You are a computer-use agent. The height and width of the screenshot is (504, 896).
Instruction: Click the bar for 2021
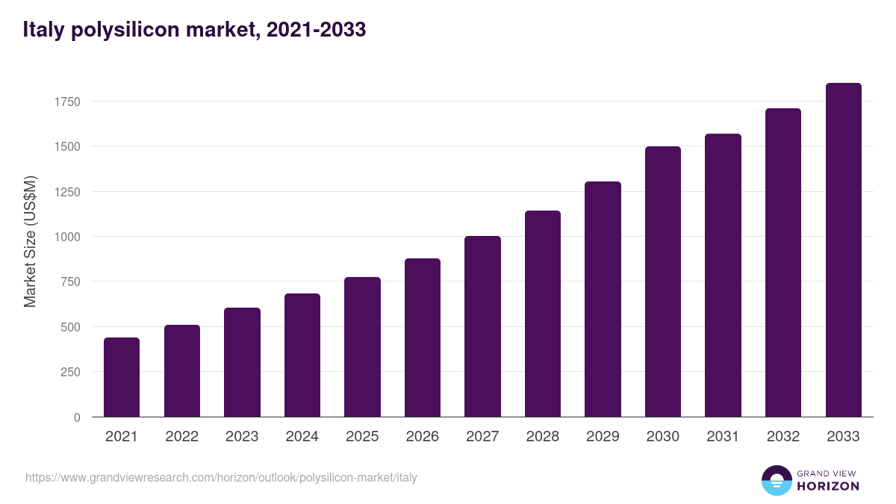tap(122, 377)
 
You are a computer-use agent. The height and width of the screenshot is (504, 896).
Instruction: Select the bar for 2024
tap(302, 355)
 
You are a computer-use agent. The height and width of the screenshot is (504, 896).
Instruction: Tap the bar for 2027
tap(482, 326)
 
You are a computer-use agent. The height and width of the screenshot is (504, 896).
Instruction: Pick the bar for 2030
tap(663, 281)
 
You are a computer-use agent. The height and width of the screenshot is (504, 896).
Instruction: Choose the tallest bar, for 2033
tap(843, 250)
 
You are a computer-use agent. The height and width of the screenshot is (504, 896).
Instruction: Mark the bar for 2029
tap(603, 299)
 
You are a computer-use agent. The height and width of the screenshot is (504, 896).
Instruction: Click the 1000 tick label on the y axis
tap(66, 237)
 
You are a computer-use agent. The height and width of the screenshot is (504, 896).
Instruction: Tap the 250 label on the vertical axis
tap(70, 372)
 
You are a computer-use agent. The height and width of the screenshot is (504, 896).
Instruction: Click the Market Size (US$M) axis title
tap(30, 241)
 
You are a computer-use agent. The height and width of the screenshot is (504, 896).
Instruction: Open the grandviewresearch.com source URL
tap(221, 477)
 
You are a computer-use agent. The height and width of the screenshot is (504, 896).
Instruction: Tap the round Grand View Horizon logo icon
tap(776, 480)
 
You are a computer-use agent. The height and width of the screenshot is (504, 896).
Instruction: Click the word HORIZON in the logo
tap(828, 486)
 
